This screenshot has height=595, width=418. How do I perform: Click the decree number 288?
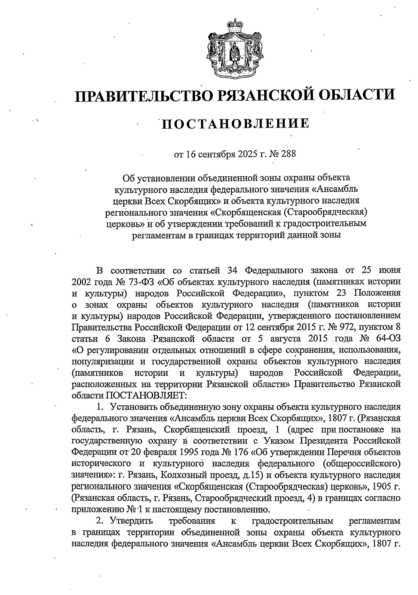tap(288, 154)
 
